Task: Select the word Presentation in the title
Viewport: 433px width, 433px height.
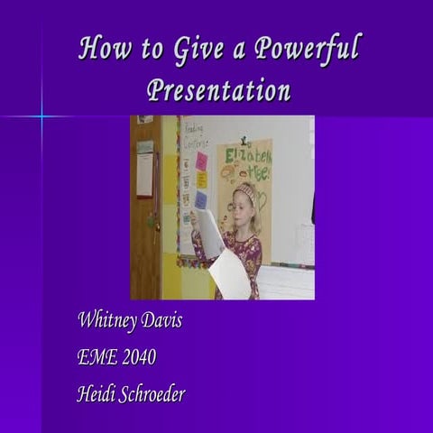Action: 218,90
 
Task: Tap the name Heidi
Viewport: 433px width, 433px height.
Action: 97,393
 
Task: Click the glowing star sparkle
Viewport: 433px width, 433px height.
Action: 41,115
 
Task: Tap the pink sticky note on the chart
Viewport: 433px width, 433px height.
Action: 201,160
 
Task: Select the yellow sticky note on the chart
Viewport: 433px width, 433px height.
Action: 201,180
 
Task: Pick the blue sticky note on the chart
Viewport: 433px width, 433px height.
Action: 200,199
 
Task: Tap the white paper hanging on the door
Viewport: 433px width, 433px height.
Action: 144,173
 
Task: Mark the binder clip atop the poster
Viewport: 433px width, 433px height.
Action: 244,140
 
